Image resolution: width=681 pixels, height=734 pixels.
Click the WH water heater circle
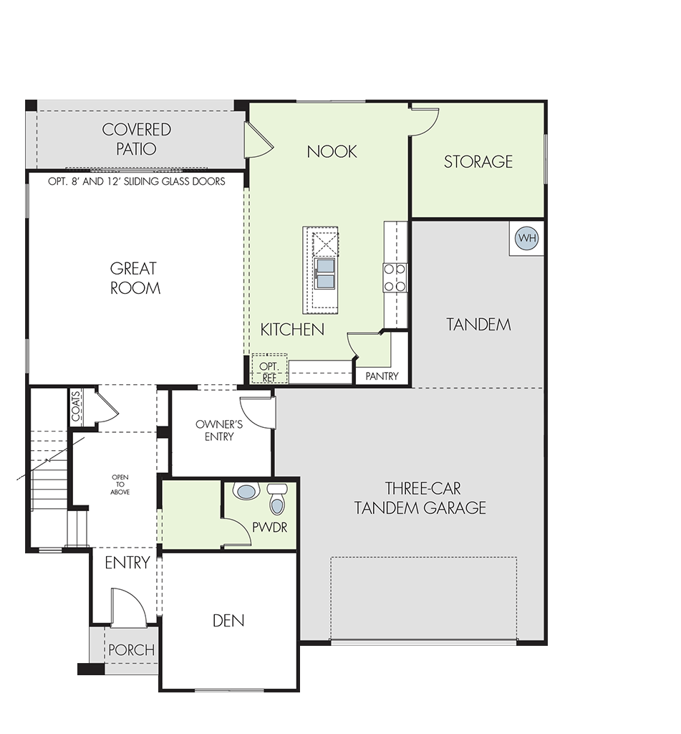click(x=527, y=238)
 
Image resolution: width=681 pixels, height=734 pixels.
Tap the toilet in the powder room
click(x=277, y=499)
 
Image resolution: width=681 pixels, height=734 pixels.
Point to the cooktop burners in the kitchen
click(x=395, y=277)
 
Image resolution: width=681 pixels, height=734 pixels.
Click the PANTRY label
click(x=382, y=376)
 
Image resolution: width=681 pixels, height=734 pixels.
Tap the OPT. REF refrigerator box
click(x=269, y=370)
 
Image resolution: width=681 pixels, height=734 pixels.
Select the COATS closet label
click(x=76, y=406)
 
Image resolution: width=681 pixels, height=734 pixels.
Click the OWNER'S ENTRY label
click(x=219, y=430)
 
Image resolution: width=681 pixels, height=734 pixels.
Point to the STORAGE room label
click(x=478, y=161)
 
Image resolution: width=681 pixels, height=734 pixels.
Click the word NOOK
click(x=332, y=151)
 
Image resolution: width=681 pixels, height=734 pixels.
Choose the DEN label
click(x=228, y=621)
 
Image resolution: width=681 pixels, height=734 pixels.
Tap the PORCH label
click(x=132, y=649)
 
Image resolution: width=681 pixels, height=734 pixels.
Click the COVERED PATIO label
click(x=136, y=139)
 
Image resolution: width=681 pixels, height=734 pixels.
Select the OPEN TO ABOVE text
click(x=120, y=485)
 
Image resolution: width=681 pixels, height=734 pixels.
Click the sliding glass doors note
click(x=137, y=181)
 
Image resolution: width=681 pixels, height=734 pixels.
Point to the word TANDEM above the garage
click(x=478, y=325)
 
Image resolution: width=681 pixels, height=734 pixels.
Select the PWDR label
click(x=269, y=528)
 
